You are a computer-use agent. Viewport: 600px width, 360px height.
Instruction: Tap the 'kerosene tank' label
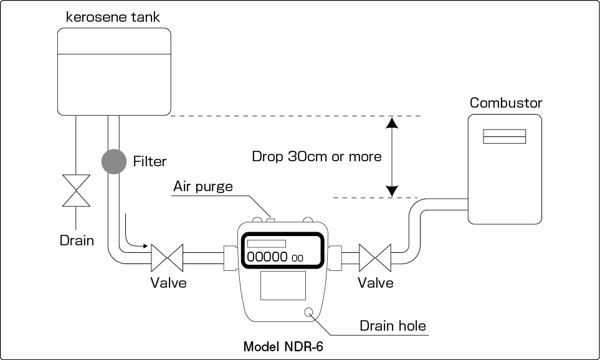coord(113,17)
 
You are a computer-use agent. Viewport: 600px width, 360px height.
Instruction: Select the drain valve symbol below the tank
coord(76,191)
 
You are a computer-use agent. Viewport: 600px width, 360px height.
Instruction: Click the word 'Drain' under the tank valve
coord(77,240)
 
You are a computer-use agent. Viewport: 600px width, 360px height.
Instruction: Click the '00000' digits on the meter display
coord(267,257)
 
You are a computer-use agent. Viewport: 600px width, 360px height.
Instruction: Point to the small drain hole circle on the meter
coord(310,313)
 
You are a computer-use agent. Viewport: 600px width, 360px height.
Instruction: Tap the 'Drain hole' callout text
coord(393,325)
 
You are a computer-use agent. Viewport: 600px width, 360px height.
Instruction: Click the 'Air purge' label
coord(202,186)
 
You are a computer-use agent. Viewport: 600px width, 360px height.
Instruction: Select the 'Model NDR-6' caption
coord(283,346)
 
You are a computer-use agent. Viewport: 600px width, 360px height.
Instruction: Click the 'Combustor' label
coord(506,103)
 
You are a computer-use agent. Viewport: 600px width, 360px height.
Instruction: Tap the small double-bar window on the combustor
coord(505,136)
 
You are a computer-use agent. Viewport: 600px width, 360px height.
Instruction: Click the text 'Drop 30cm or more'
coord(317,156)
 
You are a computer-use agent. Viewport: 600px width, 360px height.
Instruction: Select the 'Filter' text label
coord(150,162)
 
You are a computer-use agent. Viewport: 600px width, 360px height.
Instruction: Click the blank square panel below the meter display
coord(283,287)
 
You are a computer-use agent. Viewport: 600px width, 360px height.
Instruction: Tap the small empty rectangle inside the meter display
coord(266,244)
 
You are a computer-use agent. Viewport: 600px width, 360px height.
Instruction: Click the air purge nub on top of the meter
coord(270,219)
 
